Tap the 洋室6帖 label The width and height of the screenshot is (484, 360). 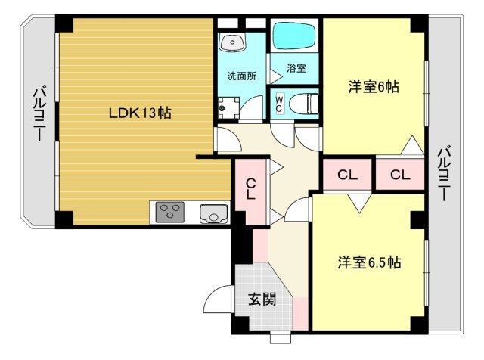tap(373, 87)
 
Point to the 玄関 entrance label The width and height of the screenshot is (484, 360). tap(262, 299)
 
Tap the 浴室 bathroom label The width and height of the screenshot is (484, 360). tap(296, 69)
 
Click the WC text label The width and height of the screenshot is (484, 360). tap(279, 101)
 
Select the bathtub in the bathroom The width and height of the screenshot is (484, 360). tap(296, 36)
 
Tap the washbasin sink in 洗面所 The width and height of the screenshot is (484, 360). tap(232, 42)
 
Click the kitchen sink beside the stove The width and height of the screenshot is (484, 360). tap(213, 213)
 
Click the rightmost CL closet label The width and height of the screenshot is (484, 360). tap(400, 175)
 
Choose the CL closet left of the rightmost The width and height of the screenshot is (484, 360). tap(347, 175)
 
